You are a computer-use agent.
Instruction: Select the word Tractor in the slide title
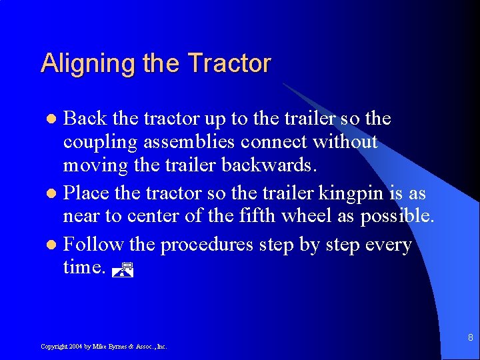click(229, 63)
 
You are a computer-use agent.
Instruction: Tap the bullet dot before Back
click(55, 119)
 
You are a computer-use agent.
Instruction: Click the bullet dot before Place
click(55, 195)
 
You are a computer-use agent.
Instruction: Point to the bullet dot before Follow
click(55, 245)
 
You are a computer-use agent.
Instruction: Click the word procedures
click(207, 245)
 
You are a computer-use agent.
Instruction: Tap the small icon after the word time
click(124, 269)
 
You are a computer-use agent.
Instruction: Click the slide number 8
click(469, 338)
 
